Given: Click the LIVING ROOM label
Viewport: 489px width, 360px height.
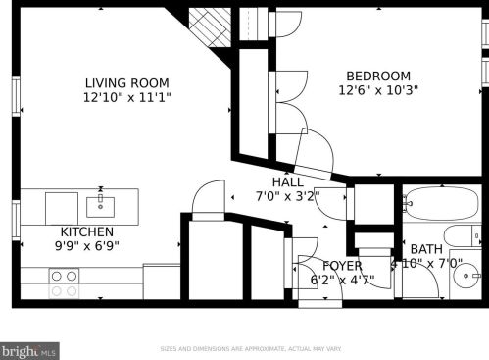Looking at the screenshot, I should [126, 83].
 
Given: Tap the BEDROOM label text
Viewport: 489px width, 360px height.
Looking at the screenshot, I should [377, 77].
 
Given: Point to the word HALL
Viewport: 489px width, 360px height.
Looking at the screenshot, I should [287, 181].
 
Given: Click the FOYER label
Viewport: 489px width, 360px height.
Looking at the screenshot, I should [342, 266].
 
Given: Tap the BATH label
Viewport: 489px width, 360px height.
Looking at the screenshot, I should [426, 249].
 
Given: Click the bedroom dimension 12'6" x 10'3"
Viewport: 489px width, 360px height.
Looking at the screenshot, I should [377, 92].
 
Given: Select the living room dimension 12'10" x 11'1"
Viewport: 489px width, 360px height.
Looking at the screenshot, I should [126, 99].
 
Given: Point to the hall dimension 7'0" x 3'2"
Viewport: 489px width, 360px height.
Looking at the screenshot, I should [287, 196].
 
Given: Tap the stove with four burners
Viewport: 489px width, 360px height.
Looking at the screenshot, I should [65, 284].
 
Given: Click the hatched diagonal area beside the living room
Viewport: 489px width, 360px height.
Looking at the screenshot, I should [208, 26].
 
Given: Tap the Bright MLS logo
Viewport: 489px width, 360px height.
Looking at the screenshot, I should [29, 349].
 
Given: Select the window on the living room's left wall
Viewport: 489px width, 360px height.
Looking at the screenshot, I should [15, 96].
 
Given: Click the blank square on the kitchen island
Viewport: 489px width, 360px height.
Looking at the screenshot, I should [61, 207].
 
